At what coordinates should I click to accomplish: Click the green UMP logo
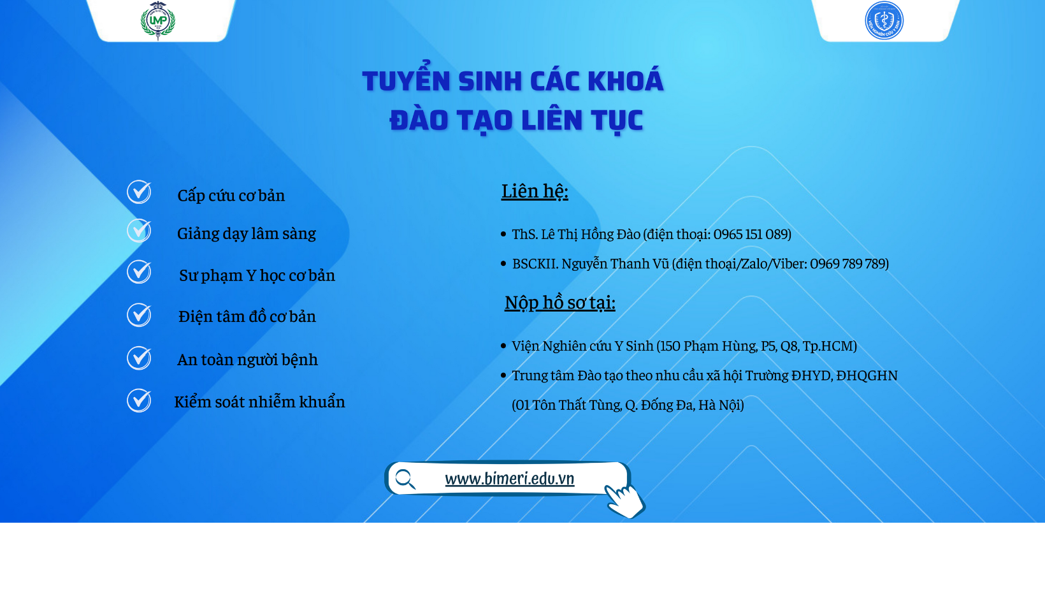point(157,20)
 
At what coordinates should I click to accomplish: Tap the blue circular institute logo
point(884,20)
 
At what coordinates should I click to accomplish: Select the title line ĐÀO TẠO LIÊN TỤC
point(516,120)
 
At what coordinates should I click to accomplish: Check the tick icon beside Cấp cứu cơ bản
point(139,192)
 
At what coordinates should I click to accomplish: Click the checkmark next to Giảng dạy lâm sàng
point(139,231)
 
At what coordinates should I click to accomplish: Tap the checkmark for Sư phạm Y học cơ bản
point(139,272)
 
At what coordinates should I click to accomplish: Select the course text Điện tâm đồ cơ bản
point(247,316)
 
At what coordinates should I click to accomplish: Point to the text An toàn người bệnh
point(248,360)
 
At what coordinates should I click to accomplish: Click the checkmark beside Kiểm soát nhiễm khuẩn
point(139,400)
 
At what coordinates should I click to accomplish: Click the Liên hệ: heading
point(535,191)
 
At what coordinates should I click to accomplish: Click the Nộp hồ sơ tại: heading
point(560,303)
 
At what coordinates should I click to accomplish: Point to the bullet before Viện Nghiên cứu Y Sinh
point(503,346)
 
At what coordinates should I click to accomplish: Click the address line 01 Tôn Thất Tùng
point(628,405)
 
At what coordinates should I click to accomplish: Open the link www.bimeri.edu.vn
point(510,478)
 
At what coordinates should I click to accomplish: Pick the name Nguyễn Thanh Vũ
point(616,264)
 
